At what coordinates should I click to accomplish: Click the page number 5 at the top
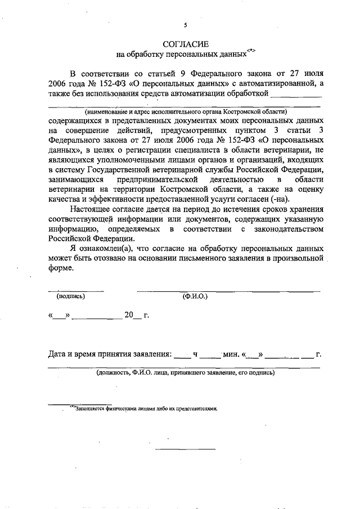pos(185,25)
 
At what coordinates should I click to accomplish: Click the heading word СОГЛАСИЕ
pos(185,44)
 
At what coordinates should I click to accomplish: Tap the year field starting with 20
pos(133,316)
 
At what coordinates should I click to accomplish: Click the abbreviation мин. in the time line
pos(231,355)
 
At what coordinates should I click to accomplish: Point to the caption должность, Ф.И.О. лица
pos(185,372)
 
